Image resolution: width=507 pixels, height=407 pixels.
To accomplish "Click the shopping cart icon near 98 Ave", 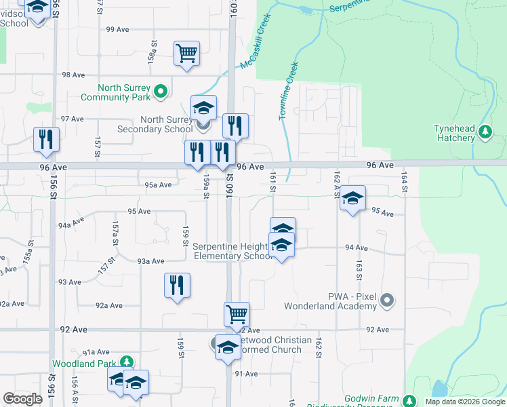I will click(x=186, y=52).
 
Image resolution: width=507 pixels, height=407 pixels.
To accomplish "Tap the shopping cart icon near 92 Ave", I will click(x=237, y=314).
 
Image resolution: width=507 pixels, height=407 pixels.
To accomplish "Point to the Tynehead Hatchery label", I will click(x=455, y=134).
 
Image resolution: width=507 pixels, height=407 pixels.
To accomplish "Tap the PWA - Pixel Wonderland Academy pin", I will click(x=387, y=298).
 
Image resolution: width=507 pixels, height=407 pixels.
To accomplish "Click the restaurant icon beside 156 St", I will click(x=46, y=139).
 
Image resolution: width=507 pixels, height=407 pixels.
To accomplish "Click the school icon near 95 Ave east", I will click(x=352, y=198).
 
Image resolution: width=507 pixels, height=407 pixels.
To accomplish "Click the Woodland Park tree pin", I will click(x=125, y=363).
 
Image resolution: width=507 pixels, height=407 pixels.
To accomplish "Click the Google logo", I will click(x=22, y=399).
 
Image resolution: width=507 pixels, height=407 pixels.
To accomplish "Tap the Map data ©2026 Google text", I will click(x=464, y=402).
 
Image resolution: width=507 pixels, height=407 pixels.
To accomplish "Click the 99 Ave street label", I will click(x=117, y=30).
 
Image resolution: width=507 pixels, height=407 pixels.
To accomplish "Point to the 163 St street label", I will click(x=359, y=267).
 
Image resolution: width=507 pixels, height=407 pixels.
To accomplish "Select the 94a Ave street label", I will click(x=70, y=222).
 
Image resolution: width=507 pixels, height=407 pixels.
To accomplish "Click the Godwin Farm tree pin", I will click(x=409, y=400).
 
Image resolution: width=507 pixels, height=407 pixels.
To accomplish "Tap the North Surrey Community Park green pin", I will click(x=161, y=90).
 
